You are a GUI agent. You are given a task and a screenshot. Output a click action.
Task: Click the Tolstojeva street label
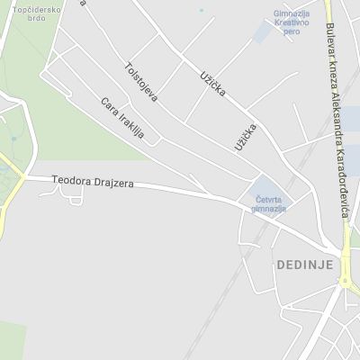(x=142, y=82)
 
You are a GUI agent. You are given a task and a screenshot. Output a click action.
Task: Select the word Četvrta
(x=268, y=199)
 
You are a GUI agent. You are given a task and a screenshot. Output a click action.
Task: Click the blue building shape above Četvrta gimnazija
(x=255, y=189)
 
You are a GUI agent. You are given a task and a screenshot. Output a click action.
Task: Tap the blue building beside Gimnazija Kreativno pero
(x=264, y=33)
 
